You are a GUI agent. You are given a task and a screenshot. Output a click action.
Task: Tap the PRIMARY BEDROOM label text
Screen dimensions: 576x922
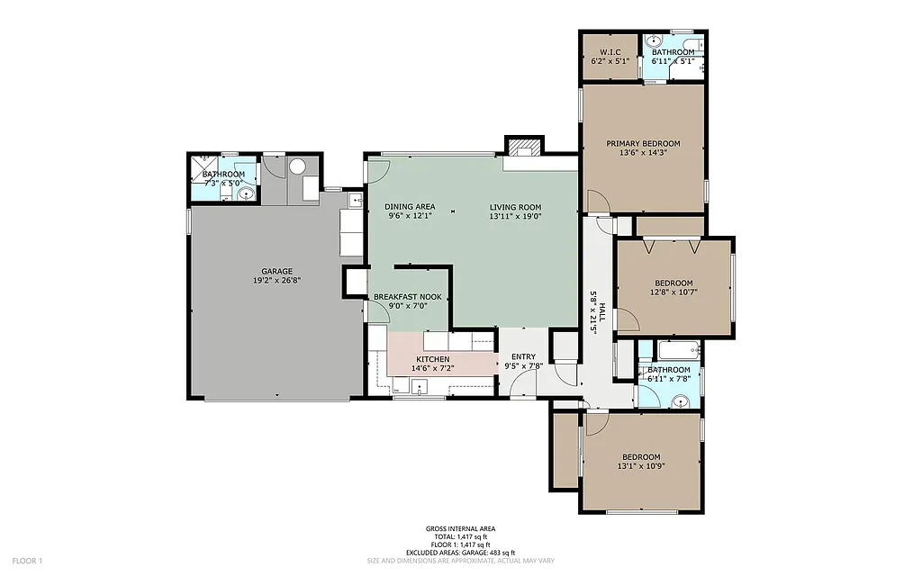click(x=643, y=143)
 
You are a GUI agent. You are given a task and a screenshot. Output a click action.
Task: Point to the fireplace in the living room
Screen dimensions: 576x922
click(x=523, y=148)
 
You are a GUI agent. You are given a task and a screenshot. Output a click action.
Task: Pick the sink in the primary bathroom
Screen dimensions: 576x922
click(x=655, y=41)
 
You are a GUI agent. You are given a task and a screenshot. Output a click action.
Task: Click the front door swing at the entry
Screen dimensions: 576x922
click(x=520, y=383)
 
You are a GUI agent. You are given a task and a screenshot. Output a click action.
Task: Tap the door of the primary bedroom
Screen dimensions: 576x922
click(x=596, y=202)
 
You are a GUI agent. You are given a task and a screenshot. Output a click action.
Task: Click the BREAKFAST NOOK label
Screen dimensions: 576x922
click(x=407, y=296)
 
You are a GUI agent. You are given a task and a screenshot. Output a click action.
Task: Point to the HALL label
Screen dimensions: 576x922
click(x=602, y=315)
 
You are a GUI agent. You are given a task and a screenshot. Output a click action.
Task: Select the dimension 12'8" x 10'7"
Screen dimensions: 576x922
click(x=673, y=292)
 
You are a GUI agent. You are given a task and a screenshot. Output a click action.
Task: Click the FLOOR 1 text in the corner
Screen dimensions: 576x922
click(x=27, y=562)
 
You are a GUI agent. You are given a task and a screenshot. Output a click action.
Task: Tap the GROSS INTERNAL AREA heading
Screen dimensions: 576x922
click(x=460, y=529)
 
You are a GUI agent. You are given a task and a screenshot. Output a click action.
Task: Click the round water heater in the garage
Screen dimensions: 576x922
click(x=297, y=166)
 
